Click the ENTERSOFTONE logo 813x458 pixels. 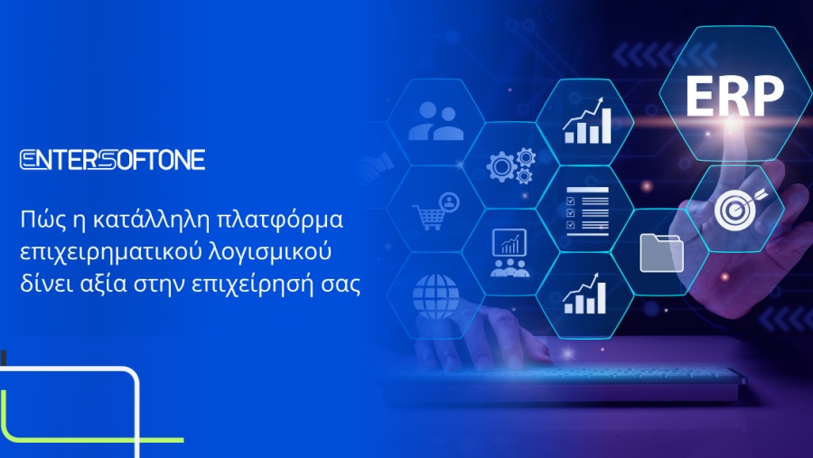[112, 161]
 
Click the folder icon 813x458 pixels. [661, 252]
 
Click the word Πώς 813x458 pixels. [42, 220]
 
